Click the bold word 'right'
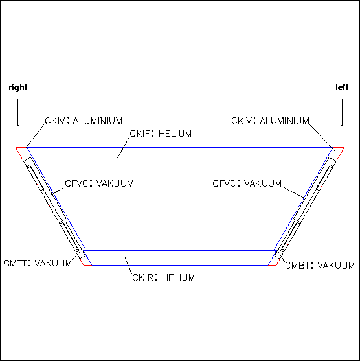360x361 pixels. coord(18,87)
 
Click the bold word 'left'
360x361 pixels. coord(342,87)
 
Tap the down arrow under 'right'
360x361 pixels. coord(18,113)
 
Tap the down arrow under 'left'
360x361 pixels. coord(342,113)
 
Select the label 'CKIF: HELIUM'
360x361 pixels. coord(161,134)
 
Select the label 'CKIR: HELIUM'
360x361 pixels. coord(164,277)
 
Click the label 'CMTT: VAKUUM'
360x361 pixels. coord(38,263)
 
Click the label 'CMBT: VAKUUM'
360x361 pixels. coord(320,266)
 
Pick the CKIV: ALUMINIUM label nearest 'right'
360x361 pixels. coord(84,121)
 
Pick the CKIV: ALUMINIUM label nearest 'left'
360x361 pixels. coord(270,121)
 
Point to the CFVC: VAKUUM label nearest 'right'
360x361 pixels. coord(99,183)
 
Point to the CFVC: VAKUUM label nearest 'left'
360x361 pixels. coord(247,183)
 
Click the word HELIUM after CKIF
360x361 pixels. coord(175,134)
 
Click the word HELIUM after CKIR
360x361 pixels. coord(178,277)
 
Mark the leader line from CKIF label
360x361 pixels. coord(124,147)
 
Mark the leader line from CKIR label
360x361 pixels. coord(129,266)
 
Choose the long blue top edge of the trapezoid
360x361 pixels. coord(179,147)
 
